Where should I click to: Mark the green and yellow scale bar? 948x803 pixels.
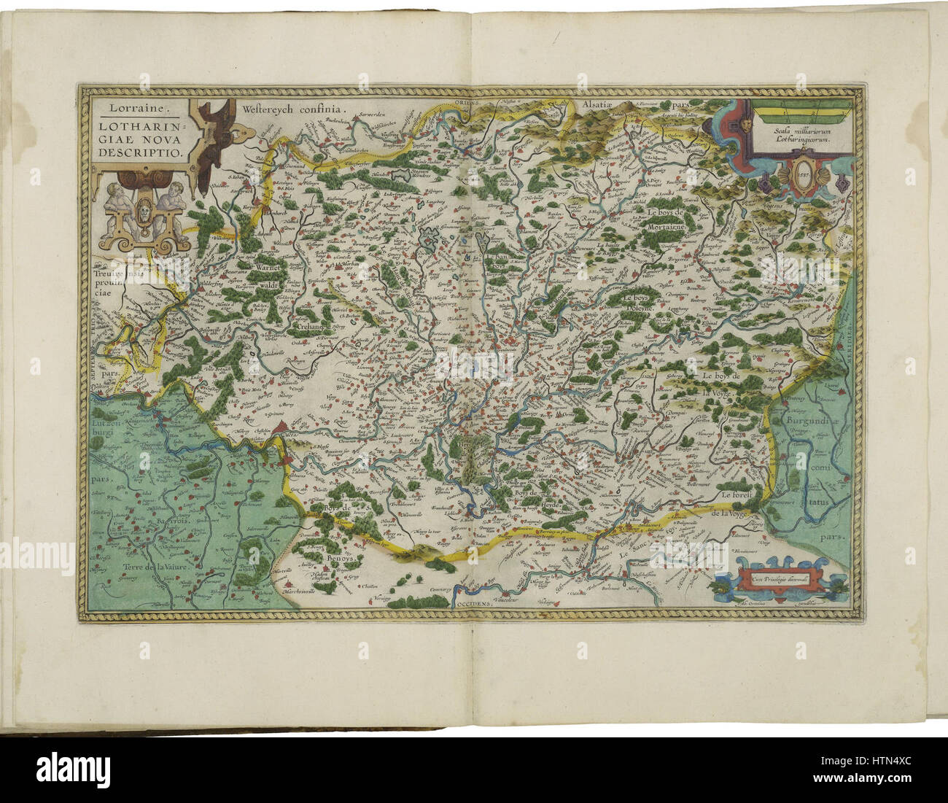click(801, 112)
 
